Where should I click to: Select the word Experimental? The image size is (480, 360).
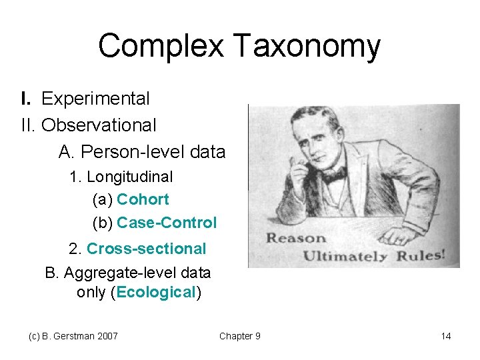point(95,99)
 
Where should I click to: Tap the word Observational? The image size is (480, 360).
point(99,125)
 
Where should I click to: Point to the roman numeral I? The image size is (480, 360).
point(25,99)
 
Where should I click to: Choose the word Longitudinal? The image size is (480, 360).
point(130,177)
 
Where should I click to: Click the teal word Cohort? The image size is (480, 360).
point(143,199)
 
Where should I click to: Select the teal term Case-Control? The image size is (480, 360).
point(167,223)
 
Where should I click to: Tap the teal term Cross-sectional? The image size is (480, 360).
point(146,249)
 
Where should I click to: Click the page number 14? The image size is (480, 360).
point(446,336)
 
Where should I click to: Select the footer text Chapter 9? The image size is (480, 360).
point(239,336)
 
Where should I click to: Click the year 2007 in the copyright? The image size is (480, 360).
point(107,336)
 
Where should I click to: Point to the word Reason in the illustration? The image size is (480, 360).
point(297,239)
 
